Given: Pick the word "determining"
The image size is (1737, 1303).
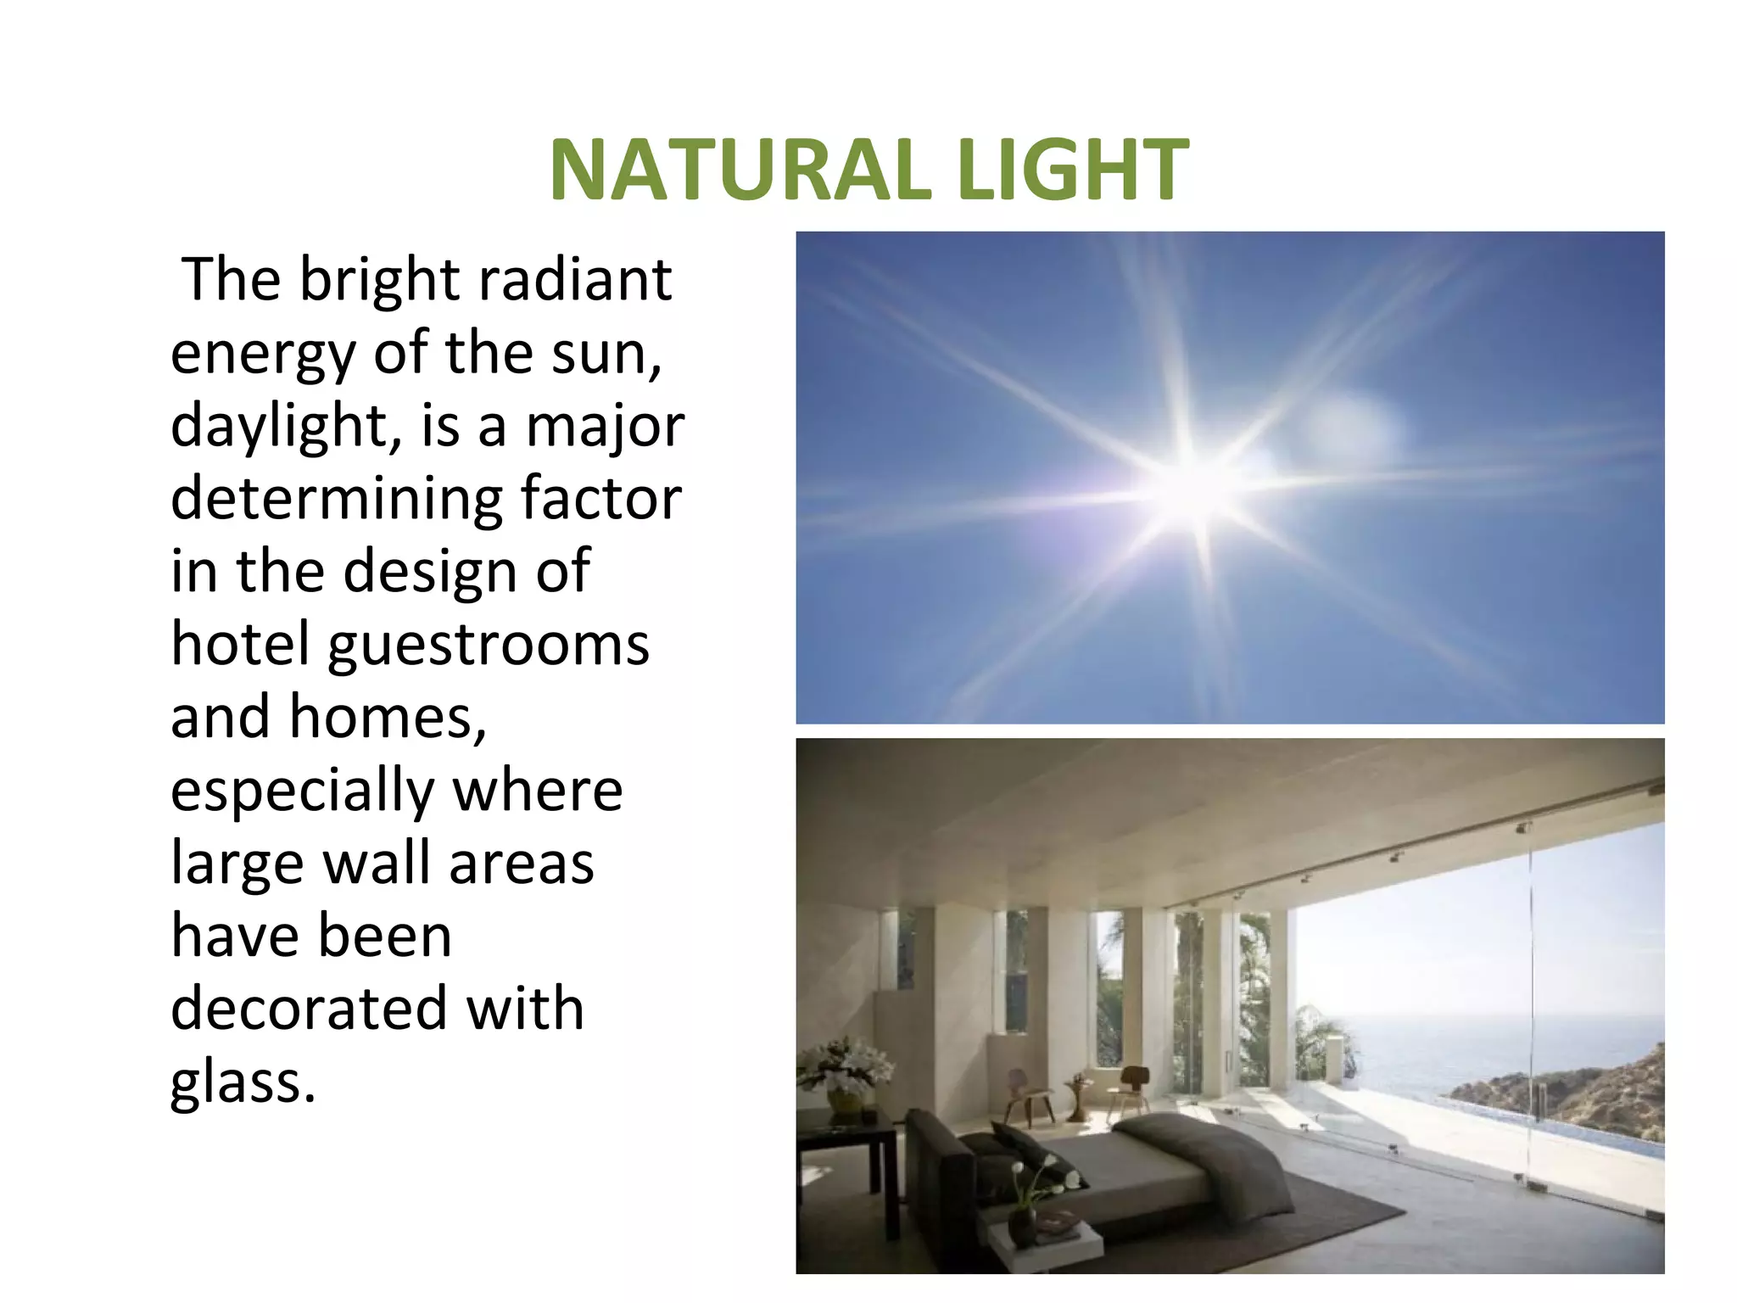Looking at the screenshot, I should coord(336,499).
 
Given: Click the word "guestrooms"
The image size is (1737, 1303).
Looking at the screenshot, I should coord(489,645).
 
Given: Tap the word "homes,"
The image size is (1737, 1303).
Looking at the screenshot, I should coord(388,718).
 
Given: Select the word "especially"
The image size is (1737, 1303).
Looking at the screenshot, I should coord(302,791).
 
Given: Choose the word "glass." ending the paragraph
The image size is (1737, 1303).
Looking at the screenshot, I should coord(243,1082).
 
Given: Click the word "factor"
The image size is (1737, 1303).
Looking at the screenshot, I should coord(600,499).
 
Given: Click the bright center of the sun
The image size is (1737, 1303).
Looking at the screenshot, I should coord(1196,492).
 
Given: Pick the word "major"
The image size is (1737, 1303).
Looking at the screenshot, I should coord(605,426).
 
